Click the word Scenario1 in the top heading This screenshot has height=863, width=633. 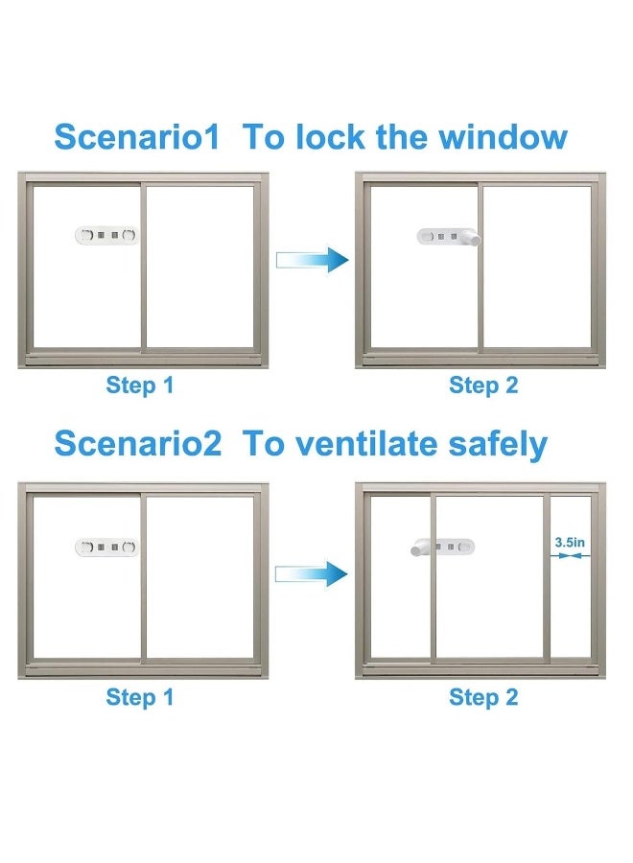point(137,136)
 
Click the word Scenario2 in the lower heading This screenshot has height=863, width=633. point(137,443)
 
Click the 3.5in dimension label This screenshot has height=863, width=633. point(570,542)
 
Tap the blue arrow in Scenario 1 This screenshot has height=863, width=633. point(312,259)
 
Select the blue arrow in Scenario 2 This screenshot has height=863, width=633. point(312,574)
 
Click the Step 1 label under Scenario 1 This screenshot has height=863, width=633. point(140,385)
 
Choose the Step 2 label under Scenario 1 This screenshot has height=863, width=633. point(483,385)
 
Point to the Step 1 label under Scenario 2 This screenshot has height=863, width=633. point(140,697)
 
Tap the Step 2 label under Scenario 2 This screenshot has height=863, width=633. point(483,697)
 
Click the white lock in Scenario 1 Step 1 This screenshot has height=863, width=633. point(106,236)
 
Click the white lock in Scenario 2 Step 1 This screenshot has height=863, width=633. point(106,548)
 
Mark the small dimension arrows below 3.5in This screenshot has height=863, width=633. point(570,556)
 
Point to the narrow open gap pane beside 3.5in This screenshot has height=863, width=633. point(571,578)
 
